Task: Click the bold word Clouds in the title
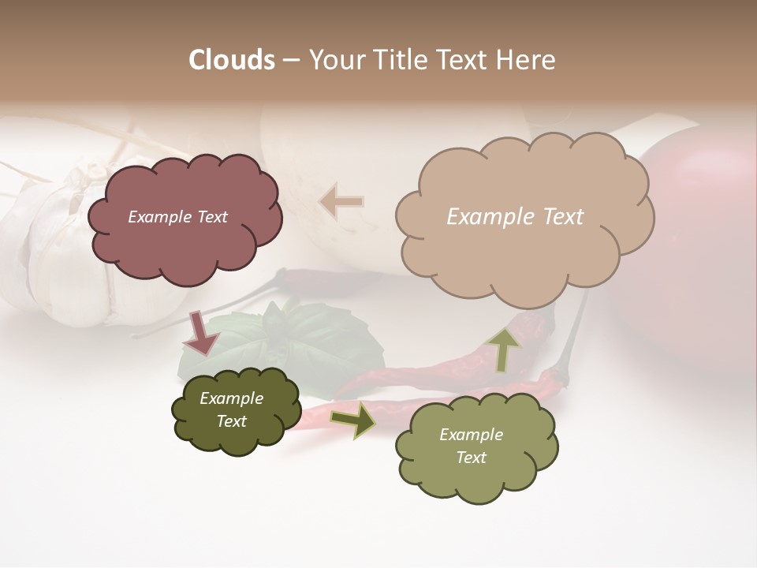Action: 232,60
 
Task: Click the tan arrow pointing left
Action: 341,201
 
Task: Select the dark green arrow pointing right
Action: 352,420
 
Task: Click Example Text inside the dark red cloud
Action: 177,217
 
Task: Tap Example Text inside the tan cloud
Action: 515,217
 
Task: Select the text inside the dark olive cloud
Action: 231,409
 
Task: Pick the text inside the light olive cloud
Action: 471,446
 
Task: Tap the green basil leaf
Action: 315,339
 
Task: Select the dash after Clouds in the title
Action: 290,60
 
